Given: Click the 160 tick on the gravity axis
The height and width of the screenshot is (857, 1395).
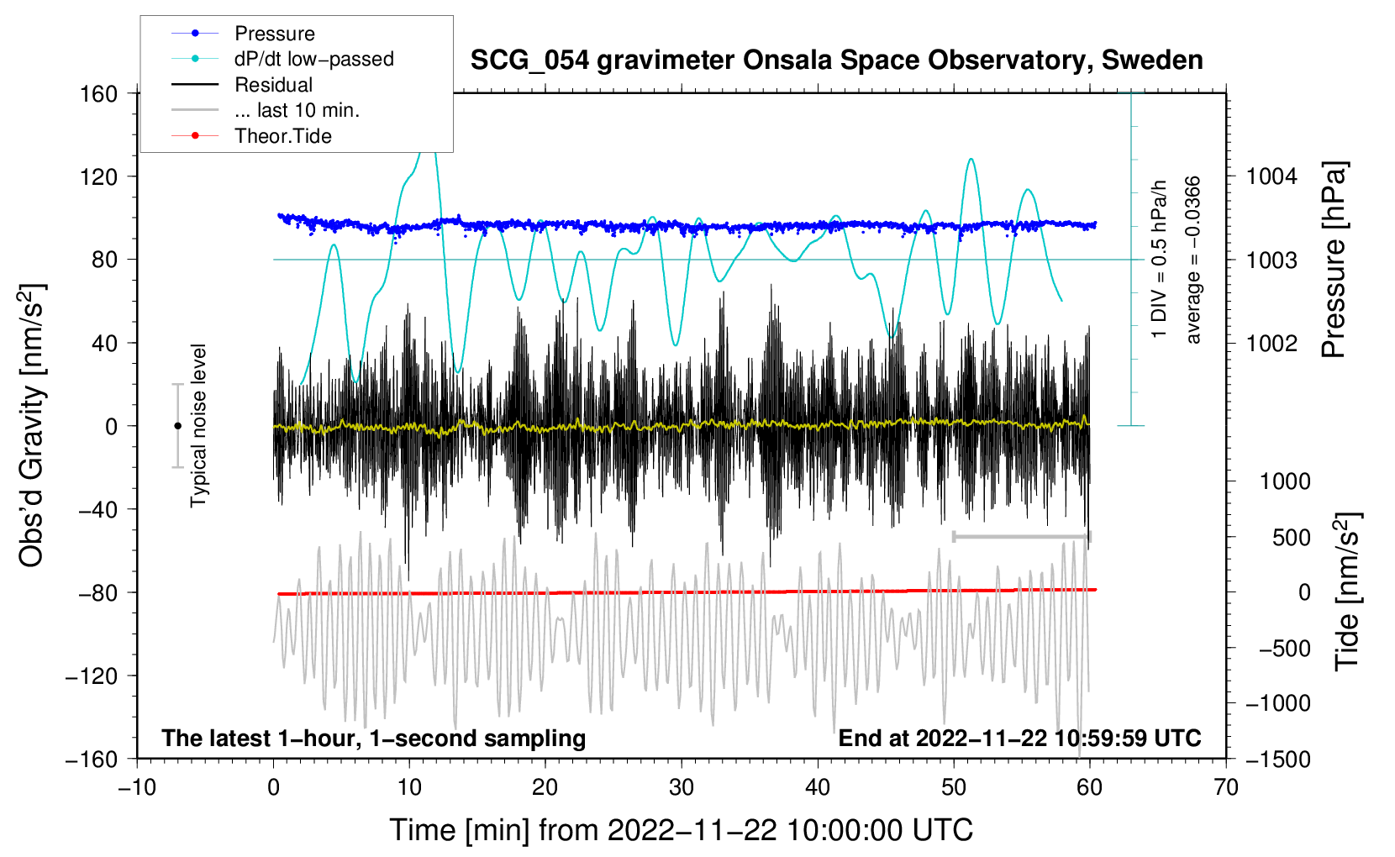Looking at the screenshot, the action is pyautogui.click(x=99, y=94).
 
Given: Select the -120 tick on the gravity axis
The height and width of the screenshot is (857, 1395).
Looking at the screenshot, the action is pyautogui.click(x=92, y=676).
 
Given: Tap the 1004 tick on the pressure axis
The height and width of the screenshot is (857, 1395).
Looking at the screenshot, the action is pyautogui.click(x=1271, y=176).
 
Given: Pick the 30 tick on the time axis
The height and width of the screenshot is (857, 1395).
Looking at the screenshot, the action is pyautogui.click(x=682, y=787).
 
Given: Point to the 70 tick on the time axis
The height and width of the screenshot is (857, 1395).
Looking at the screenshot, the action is pyautogui.click(x=1225, y=787).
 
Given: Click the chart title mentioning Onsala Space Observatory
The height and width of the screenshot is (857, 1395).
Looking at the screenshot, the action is pyautogui.click(x=836, y=60).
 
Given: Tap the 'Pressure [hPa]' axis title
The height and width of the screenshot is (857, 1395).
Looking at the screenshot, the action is pyautogui.click(x=1334, y=260).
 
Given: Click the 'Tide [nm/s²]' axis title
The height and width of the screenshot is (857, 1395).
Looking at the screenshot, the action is pyautogui.click(x=1348, y=591).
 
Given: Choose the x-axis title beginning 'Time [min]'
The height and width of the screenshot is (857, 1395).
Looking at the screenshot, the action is pyautogui.click(x=682, y=830).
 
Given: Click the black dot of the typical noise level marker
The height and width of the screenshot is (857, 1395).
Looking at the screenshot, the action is pyautogui.click(x=178, y=426).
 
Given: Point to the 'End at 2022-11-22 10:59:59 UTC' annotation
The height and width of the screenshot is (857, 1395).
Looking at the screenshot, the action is pyautogui.click(x=1019, y=738).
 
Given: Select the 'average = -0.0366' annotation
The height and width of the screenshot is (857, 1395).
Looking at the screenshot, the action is pyautogui.click(x=1192, y=260).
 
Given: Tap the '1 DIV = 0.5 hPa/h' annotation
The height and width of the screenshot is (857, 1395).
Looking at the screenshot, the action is pyautogui.click(x=1159, y=260).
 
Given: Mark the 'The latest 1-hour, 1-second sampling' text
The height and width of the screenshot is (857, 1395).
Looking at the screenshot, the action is pyautogui.click(x=374, y=738).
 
